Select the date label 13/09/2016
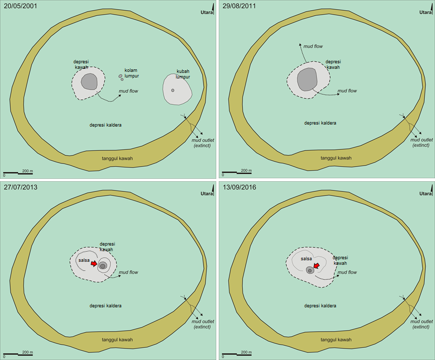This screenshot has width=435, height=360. click(239, 187)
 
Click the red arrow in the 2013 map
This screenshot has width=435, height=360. click(94, 262)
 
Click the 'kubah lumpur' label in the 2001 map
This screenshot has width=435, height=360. click(183, 74)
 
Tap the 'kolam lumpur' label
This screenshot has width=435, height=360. click(131, 73)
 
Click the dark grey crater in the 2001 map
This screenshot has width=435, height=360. click(90, 81)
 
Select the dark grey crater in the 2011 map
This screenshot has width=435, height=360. click(307, 79)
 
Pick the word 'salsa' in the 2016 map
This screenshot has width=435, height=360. click(306, 258)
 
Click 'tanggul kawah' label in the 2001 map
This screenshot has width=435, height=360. click(117, 158)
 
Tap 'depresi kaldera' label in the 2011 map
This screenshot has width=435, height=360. click(320, 123)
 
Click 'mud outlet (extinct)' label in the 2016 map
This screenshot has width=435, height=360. click(421, 324)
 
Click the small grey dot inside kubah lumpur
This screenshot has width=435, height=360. click(173, 90)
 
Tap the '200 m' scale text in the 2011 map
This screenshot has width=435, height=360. click(246, 170)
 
